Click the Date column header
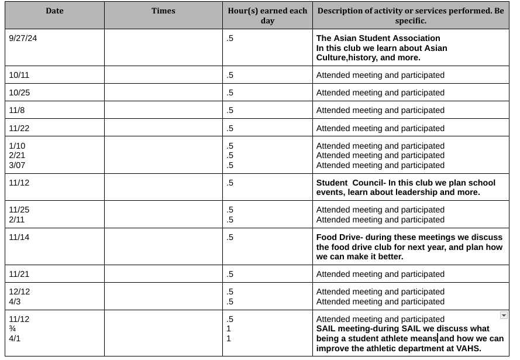click(x=54, y=11)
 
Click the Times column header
click(x=163, y=11)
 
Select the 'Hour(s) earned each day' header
click(x=267, y=16)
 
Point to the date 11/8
click(x=17, y=110)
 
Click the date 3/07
click(x=18, y=165)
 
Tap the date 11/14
click(x=19, y=237)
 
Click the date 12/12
click(x=19, y=292)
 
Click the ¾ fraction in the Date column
click(x=12, y=329)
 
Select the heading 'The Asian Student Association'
click(x=378, y=38)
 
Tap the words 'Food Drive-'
click(x=339, y=237)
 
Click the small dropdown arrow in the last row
click(x=504, y=316)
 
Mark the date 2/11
click(x=16, y=220)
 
